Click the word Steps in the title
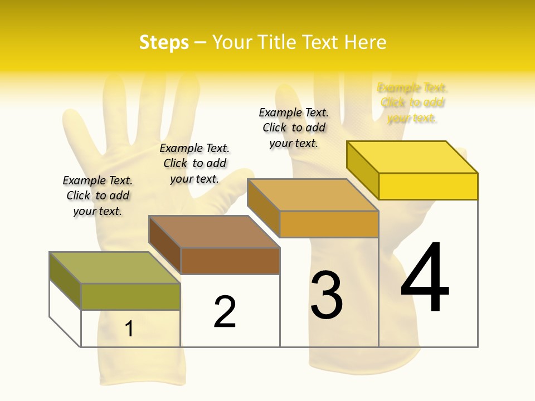tap(164, 42)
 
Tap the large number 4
tap(425, 278)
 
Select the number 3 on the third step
tap(327, 295)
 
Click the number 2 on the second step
tap(225, 312)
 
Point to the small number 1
tap(129, 329)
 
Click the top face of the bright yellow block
tap(412, 157)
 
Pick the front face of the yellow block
tap(428, 186)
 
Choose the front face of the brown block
tap(230, 261)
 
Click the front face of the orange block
tap(329, 224)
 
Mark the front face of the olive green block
tap(130, 296)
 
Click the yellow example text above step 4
tap(412, 103)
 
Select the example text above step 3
tap(294, 128)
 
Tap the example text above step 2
tap(194, 163)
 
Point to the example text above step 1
tap(98, 195)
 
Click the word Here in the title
tap(365, 42)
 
